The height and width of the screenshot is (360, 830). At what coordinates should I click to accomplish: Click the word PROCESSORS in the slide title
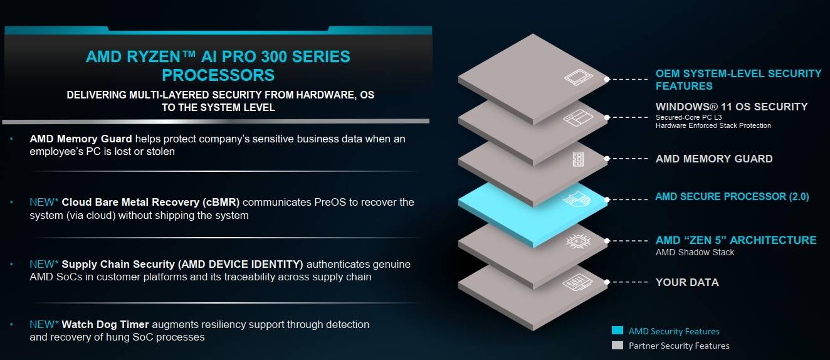coord(218,75)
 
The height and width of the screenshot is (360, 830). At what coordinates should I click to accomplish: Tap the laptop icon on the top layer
coord(578,78)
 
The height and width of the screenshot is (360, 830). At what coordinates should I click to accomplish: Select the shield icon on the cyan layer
coord(577,199)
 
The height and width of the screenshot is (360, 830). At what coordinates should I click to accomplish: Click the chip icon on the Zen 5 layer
coord(578,241)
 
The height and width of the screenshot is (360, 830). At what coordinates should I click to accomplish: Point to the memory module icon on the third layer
coord(578,159)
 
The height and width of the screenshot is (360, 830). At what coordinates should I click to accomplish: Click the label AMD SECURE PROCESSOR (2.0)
coord(732,196)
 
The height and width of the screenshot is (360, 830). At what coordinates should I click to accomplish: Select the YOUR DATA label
coord(687,282)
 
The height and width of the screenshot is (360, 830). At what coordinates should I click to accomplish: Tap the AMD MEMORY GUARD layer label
coord(714,159)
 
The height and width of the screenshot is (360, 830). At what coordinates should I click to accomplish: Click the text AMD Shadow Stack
coord(695,253)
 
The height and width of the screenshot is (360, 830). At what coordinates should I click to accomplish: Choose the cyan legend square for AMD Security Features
coord(617,331)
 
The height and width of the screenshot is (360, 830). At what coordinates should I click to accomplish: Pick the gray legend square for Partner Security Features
coord(617,345)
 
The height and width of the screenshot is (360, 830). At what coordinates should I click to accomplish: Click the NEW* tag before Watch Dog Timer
coord(44,324)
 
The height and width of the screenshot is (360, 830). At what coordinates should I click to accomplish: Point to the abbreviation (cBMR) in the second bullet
coord(221,203)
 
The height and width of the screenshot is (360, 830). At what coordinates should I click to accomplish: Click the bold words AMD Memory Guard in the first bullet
coord(81,139)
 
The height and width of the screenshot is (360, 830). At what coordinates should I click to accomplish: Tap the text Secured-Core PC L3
coord(688,117)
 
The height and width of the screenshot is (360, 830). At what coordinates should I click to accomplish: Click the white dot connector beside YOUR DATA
coord(607,282)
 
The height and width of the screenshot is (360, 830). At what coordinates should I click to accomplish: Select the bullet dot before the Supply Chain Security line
coord(11,264)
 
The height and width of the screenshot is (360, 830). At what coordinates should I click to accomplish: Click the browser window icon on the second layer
coord(578,117)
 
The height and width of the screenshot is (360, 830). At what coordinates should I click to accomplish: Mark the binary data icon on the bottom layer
coord(577,282)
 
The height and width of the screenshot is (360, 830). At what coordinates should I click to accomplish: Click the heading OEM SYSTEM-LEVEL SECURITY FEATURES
coord(738,80)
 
